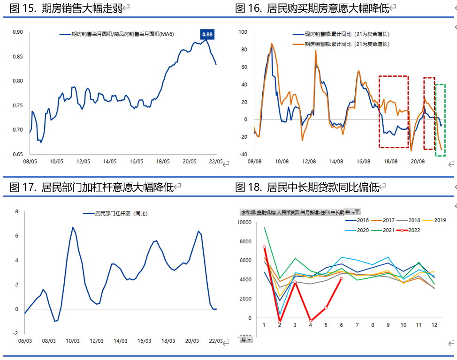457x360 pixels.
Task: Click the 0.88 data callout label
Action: (207, 34)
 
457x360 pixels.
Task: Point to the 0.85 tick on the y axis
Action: (17, 57)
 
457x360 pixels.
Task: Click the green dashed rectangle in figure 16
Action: (440, 120)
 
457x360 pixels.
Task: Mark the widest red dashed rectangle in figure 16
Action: (394, 112)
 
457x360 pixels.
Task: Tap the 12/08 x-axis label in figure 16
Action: (308, 161)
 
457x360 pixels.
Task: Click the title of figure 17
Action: (91, 187)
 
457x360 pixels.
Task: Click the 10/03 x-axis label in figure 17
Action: (73, 341)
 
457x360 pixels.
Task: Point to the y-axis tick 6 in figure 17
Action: (16, 236)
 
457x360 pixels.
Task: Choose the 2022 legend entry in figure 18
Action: (410, 230)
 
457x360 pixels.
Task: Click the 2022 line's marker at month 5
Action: (326, 308)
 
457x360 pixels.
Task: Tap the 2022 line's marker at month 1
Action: (264, 247)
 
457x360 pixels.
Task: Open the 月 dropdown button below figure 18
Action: (246, 339)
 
